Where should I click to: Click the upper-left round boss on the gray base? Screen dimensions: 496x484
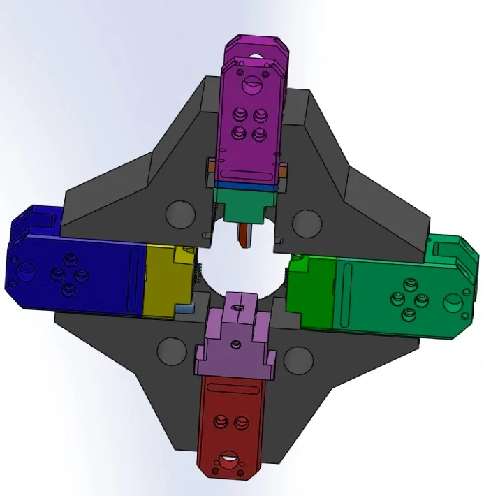(x=180, y=214)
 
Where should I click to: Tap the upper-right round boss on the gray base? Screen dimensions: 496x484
(x=306, y=224)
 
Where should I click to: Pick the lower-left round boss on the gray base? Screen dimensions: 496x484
(x=172, y=351)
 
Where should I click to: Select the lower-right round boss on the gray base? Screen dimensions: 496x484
(x=298, y=360)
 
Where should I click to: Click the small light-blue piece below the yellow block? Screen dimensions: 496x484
(x=184, y=307)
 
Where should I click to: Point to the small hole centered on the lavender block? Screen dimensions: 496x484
(x=236, y=344)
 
